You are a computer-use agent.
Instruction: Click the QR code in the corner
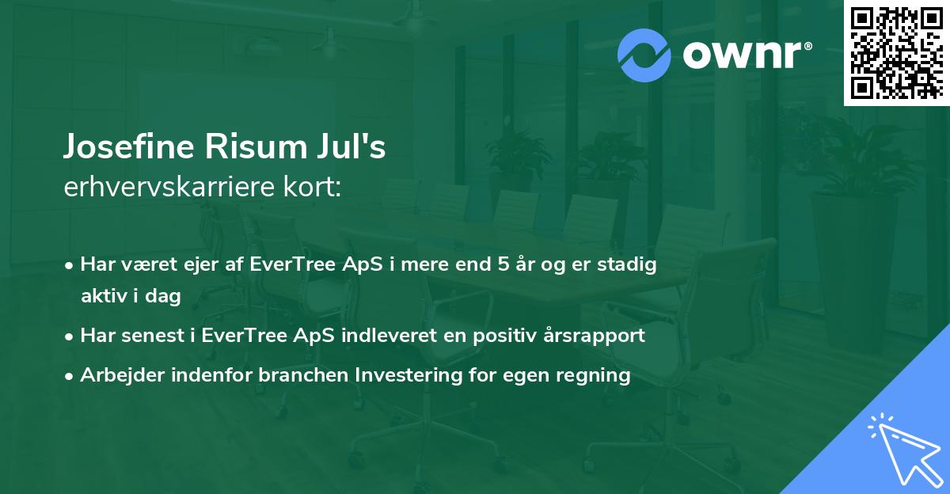click(896, 52)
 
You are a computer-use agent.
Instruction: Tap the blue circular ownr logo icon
click(644, 55)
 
